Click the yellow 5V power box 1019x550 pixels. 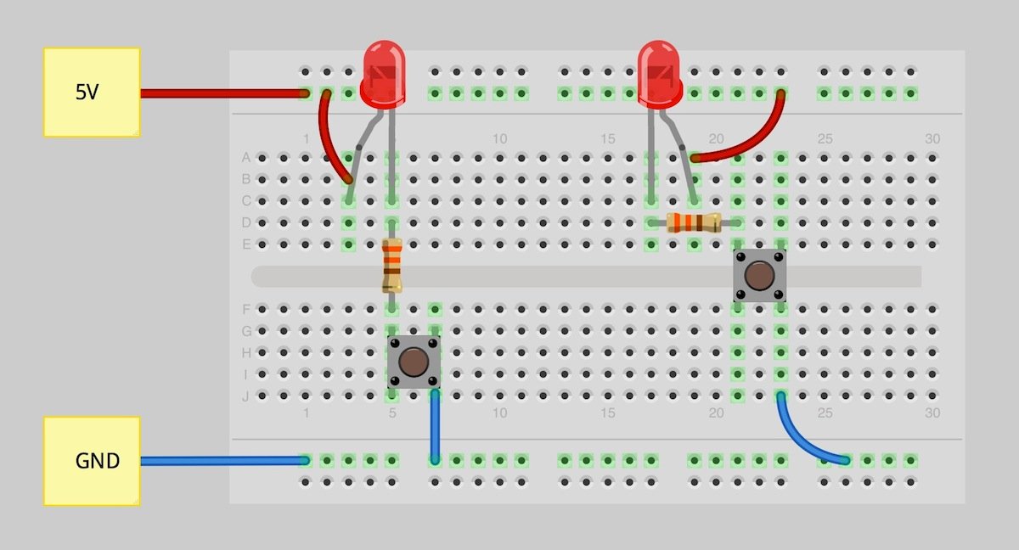point(92,93)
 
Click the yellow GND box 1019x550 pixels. point(92,461)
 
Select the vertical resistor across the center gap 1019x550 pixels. point(391,266)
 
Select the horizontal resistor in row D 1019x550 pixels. point(694,222)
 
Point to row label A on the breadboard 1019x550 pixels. point(246,157)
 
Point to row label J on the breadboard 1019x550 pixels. point(245,396)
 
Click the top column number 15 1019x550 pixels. point(608,138)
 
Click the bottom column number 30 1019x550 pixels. point(932,412)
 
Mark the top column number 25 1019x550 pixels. point(825,138)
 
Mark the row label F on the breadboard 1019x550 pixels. point(246,310)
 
